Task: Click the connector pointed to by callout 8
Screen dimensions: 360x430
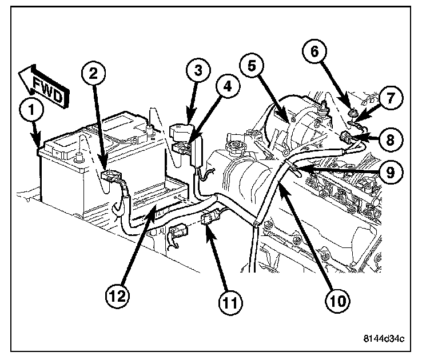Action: click(x=347, y=137)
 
